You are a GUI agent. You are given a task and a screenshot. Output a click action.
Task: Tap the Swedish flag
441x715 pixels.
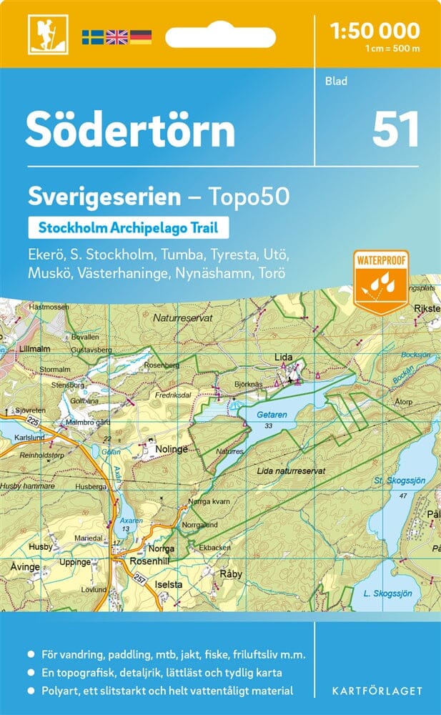(x=92, y=36)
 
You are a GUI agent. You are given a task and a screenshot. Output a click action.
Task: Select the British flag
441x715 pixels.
(x=117, y=36)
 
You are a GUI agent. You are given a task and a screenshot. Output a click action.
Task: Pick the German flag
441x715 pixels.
(x=141, y=36)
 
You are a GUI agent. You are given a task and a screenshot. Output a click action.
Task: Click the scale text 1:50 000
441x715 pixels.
(x=375, y=30)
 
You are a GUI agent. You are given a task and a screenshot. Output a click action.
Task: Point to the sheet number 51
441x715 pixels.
(x=395, y=130)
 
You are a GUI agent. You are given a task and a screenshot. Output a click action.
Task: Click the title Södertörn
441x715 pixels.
(x=130, y=130)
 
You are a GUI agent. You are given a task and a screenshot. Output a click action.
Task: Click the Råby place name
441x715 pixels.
(x=232, y=573)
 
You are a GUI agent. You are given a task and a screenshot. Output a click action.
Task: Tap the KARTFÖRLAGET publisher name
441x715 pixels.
(x=377, y=691)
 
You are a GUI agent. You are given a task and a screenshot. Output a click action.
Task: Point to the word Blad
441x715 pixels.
(x=336, y=81)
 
